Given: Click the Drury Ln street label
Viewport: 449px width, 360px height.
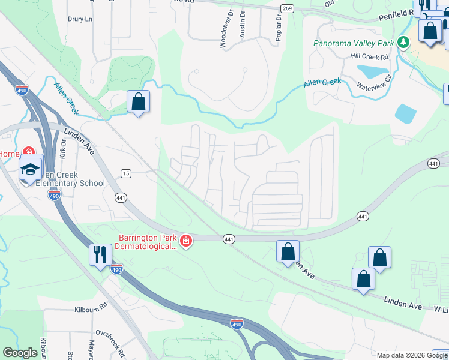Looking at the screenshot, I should (81, 19).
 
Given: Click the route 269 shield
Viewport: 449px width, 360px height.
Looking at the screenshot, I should (287, 8).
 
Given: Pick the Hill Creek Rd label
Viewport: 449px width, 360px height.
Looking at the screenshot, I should (370, 56).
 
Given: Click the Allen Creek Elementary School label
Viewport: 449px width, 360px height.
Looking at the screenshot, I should (70, 178).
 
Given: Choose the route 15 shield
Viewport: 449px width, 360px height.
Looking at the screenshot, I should (125, 173).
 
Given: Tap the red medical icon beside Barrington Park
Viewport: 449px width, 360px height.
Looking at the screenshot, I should (186, 241).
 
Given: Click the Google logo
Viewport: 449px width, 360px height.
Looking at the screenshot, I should (20, 353).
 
